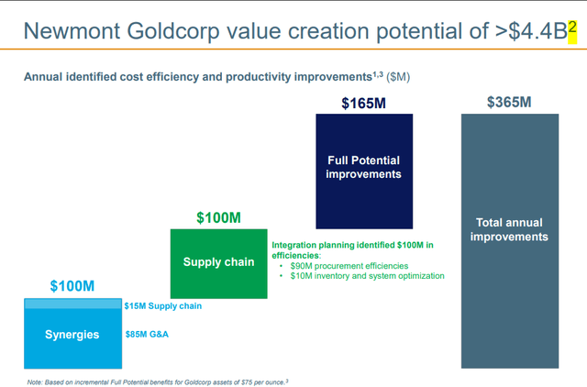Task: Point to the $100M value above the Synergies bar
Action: (72, 287)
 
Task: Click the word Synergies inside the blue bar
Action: (72, 334)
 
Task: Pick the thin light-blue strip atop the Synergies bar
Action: (72, 304)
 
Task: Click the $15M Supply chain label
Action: (163, 305)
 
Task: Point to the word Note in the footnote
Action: (36, 380)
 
